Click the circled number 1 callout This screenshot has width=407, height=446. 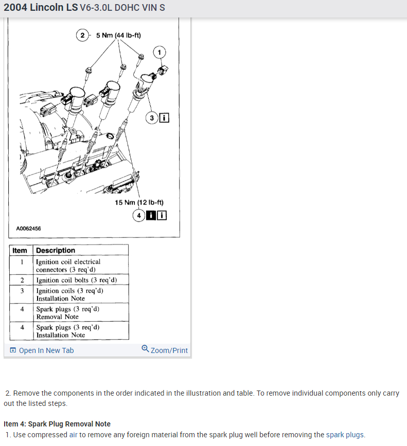[x=160, y=52]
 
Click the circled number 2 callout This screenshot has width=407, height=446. [x=82, y=35]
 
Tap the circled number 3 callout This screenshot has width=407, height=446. [x=152, y=119]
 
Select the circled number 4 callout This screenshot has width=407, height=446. [x=139, y=215]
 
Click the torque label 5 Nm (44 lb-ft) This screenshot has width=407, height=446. [x=118, y=35]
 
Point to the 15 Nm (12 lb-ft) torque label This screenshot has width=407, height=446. [x=139, y=202]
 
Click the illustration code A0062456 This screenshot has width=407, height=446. [x=29, y=228]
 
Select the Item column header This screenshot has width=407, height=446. [x=20, y=250]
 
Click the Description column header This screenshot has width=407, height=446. [x=56, y=250]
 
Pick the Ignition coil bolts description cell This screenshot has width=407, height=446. [x=76, y=280]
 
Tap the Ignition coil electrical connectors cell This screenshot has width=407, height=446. [x=68, y=266]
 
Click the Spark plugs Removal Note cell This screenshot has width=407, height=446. [x=67, y=313]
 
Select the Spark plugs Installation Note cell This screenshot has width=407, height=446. [x=67, y=331]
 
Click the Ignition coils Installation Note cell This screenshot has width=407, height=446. [x=69, y=294]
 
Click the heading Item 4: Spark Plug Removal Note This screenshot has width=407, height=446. [x=57, y=424]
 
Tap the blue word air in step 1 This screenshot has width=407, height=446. [x=74, y=435]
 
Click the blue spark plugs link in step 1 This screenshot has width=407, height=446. [x=345, y=435]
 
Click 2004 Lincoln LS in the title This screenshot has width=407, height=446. [x=41, y=8]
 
